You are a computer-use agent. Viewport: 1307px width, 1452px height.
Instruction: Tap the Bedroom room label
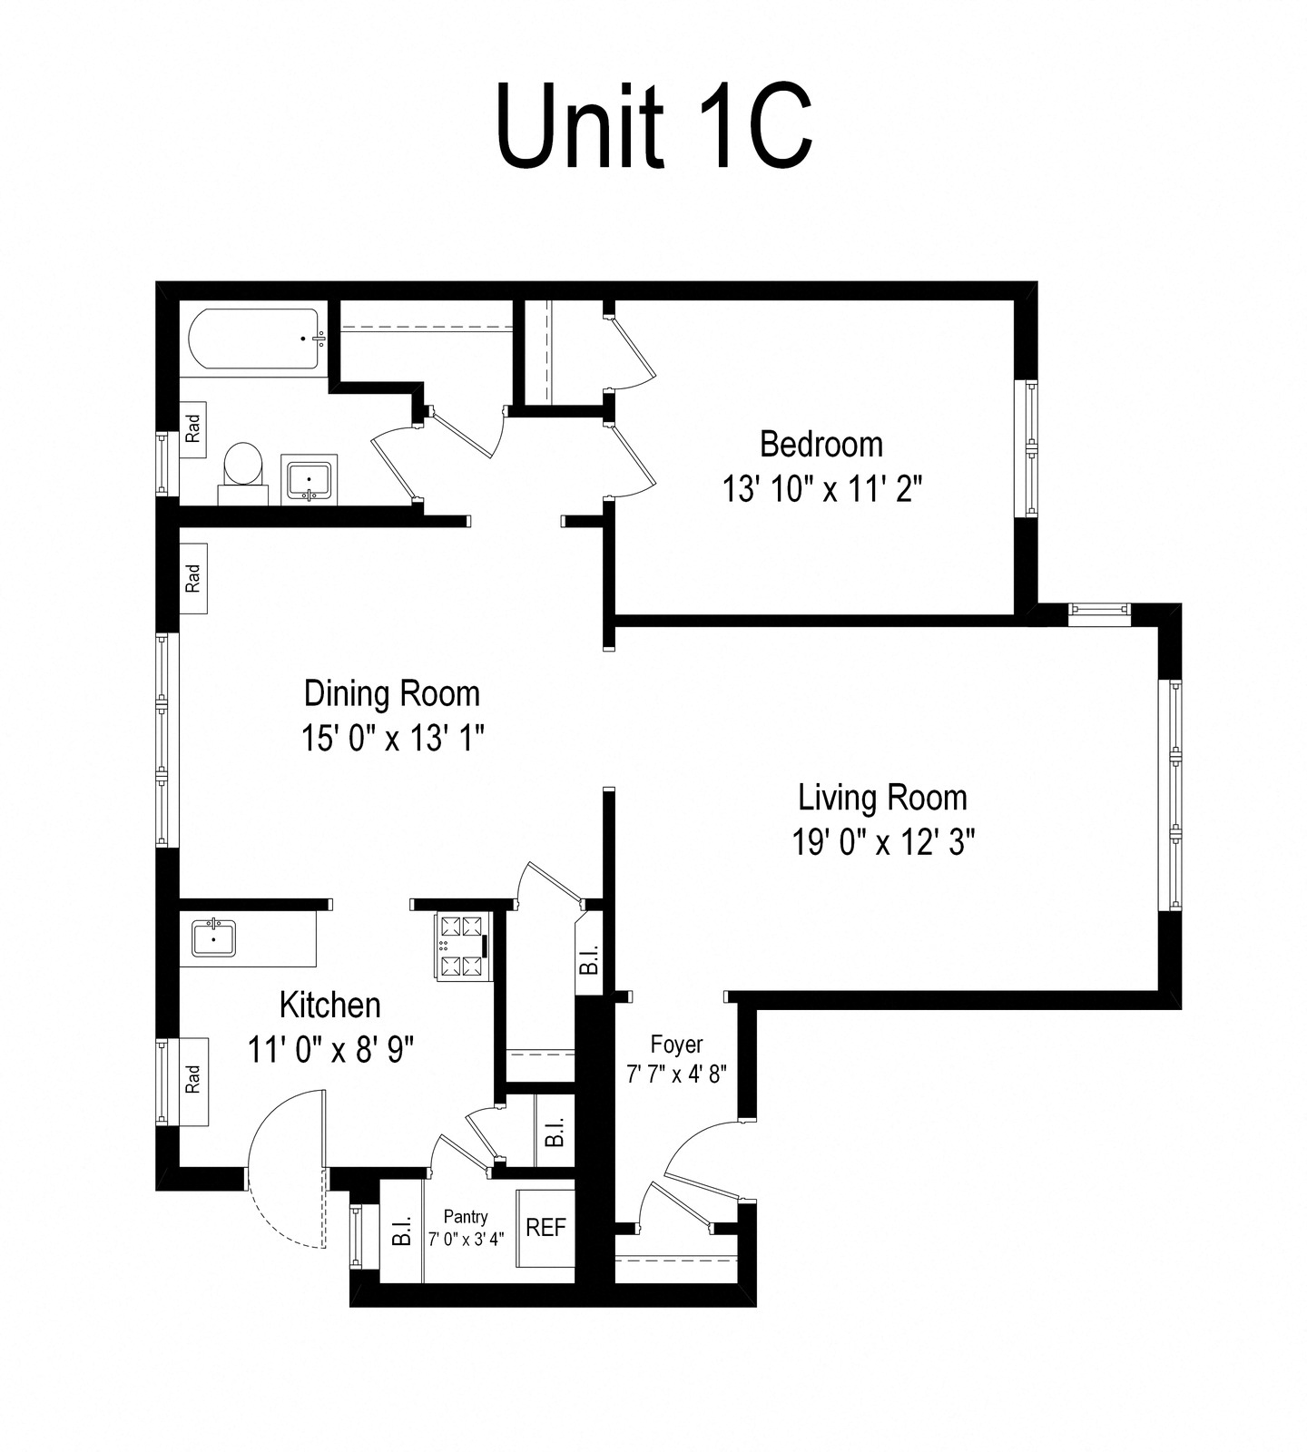(821, 445)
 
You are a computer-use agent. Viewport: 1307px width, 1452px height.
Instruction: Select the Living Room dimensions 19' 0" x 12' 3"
(883, 843)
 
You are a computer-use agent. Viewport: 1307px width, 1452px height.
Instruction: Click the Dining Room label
(391, 693)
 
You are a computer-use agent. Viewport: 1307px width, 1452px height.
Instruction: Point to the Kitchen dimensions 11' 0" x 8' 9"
(330, 1050)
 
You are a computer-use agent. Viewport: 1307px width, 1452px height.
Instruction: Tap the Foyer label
(676, 1044)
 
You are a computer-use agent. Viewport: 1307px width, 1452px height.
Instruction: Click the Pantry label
(466, 1217)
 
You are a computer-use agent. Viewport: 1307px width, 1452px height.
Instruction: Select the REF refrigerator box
(545, 1228)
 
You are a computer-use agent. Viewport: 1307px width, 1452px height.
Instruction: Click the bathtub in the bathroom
(253, 339)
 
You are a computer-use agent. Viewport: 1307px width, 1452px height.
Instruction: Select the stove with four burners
(461, 947)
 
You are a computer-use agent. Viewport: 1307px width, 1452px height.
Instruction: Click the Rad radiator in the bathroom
(193, 427)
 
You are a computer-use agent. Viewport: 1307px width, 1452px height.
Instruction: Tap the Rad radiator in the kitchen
(193, 1081)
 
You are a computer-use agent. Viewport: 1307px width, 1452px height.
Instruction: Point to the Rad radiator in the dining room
(193, 578)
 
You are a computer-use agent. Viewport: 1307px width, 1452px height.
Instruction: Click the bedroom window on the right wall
(1030, 448)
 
